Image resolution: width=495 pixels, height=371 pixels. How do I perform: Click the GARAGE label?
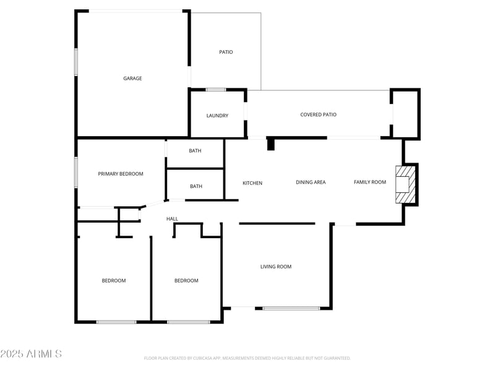point(132,79)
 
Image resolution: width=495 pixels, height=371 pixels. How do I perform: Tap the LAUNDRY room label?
point(217,116)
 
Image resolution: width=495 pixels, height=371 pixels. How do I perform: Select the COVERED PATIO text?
point(318,114)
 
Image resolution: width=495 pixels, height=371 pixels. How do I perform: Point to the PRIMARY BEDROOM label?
point(121,174)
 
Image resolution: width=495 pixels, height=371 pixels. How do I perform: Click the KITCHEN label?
point(252,183)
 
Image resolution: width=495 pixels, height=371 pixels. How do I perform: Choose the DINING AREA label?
point(311,182)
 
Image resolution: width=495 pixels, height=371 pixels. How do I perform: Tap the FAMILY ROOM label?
point(370,182)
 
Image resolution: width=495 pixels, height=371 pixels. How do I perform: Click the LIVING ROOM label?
point(275,267)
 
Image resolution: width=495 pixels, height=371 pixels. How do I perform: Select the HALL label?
point(172,219)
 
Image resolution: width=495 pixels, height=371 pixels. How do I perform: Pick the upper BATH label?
point(196,151)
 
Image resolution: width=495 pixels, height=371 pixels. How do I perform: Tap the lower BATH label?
point(196,186)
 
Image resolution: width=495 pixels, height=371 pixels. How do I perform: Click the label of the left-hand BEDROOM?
point(114,281)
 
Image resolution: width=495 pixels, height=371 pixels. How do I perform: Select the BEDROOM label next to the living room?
point(186,281)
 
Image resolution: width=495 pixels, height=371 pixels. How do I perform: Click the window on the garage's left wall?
point(76,62)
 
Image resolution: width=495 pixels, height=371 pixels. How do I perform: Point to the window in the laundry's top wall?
point(216,90)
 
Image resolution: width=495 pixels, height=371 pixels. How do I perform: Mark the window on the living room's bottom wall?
point(291,308)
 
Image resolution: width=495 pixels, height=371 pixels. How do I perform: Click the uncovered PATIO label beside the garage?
point(226,52)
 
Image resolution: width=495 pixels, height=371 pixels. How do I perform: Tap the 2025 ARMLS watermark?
point(31,354)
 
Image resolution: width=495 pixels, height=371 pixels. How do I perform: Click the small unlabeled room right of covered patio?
point(406,114)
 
